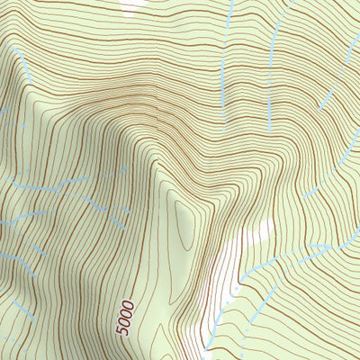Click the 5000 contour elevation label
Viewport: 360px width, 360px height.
pyautogui.click(x=127, y=318)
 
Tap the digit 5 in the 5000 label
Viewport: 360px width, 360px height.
pyautogui.click(x=124, y=334)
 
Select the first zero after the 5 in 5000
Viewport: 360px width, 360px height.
pyautogui.click(x=126, y=323)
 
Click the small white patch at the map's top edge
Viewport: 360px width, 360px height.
pyautogui.click(x=133, y=5)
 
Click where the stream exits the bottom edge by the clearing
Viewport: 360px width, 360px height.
pyautogui.click(x=209, y=355)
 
